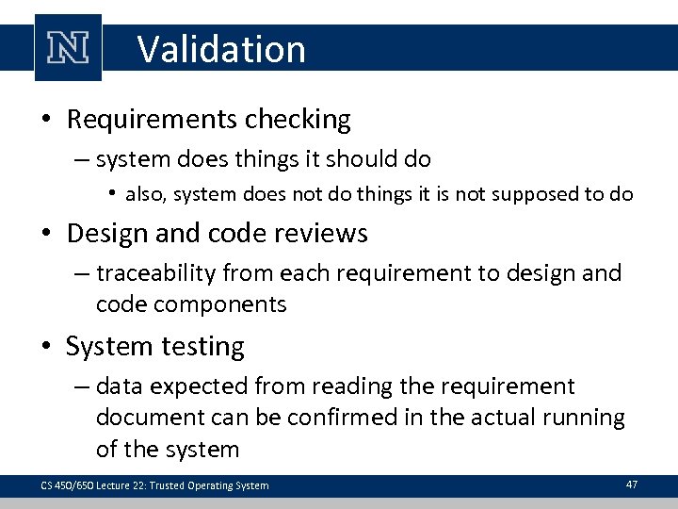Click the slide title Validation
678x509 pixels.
[221, 49]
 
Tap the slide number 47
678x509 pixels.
[631, 484]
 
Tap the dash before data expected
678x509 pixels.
[83, 386]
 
